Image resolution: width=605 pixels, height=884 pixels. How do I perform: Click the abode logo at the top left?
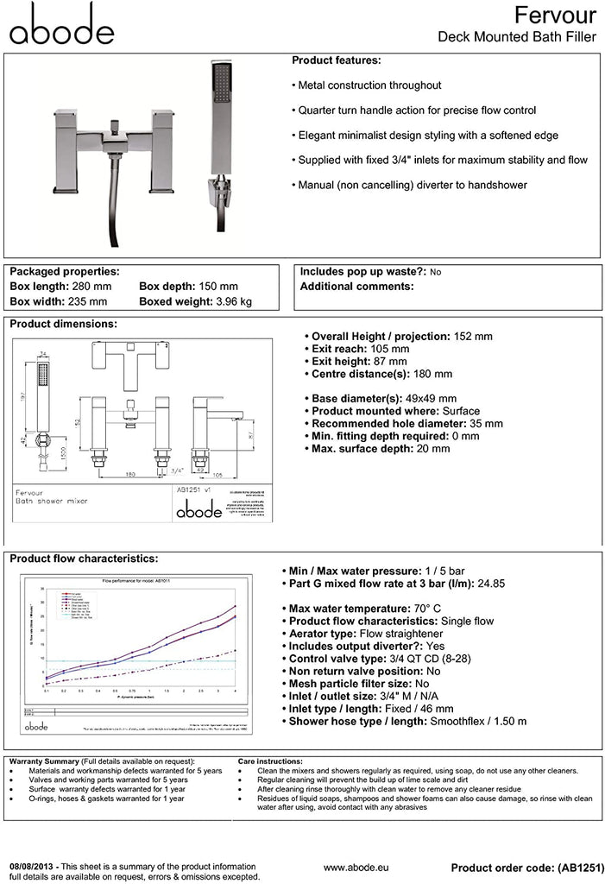coord(61,24)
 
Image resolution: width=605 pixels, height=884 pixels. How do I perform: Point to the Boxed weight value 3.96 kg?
coord(234,302)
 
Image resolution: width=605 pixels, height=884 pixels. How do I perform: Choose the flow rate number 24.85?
coord(489,584)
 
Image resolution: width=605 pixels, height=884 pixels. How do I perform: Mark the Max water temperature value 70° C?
coord(431,609)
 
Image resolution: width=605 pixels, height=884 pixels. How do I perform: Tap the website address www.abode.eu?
coord(359,867)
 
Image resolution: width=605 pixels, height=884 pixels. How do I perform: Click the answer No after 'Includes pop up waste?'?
coord(435,272)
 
